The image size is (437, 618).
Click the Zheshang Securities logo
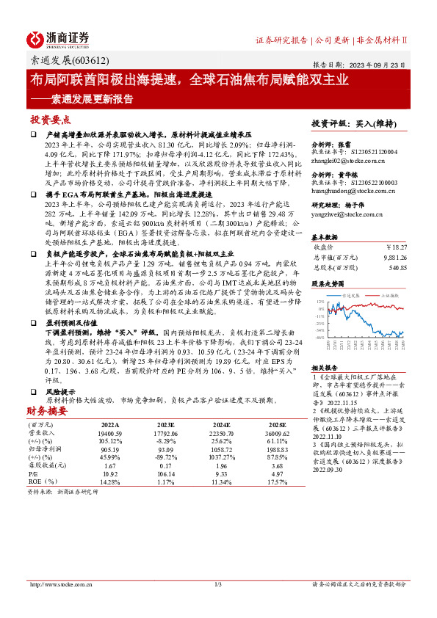pyautogui.click(x=58, y=39)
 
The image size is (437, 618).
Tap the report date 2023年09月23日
pyautogui.click(x=381, y=64)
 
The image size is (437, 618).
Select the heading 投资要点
pyautogui.click(x=51, y=119)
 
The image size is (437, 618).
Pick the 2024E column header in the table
pyautogui.click(x=223, y=424)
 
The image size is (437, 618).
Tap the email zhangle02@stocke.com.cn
pyautogui.click(x=347, y=159)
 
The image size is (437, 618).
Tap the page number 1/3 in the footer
pyautogui.click(x=217, y=584)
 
